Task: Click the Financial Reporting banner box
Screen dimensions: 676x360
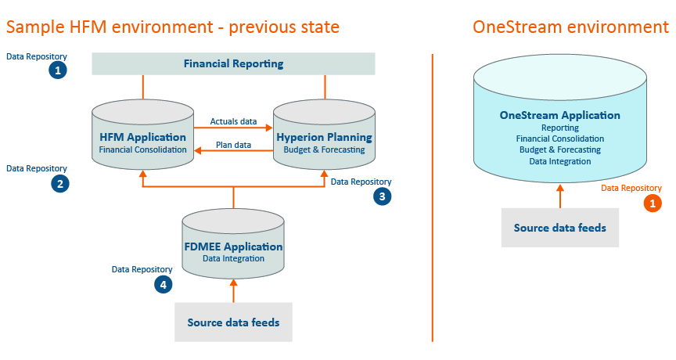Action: coord(233,64)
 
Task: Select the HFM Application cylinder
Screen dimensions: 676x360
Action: coord(142,135)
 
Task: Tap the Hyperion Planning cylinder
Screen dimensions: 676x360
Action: coord(324,135)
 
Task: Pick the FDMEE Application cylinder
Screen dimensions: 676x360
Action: coord(233,243)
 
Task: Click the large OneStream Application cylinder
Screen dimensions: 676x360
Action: coord(560,118)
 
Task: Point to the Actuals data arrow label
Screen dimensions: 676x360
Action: coord(233,121)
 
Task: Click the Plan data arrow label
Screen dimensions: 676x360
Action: coord(233,145)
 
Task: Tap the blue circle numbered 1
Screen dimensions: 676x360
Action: coord(58,70)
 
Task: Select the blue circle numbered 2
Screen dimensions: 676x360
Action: coord(60,184)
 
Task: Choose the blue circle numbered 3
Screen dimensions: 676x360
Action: coord(383,196)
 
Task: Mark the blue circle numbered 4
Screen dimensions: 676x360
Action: coord(164,285)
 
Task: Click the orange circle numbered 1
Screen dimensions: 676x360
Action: coord(653,203)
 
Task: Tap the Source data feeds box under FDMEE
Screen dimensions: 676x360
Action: coord(233,322)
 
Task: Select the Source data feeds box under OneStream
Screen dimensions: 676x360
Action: coord(560,228)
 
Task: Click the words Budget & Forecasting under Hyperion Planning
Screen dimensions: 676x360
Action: coord(324,149)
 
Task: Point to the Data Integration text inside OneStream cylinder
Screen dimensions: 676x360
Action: coord(560,161)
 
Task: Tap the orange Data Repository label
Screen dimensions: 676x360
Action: coord(631,188)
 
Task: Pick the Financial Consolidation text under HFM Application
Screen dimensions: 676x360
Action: coord(142,149)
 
